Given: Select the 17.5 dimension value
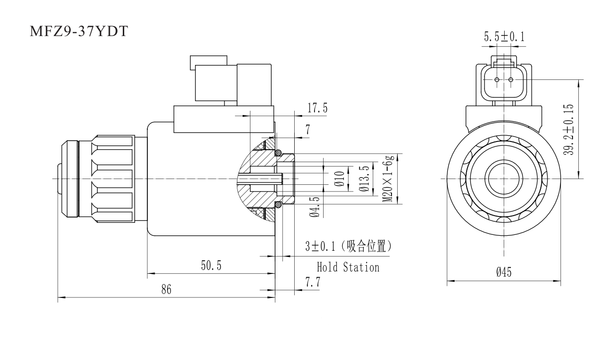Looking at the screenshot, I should (317, 109).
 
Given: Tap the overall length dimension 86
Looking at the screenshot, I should (166, 290).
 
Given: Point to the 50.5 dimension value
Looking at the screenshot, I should (211, 266).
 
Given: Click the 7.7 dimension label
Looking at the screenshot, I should (313, 283).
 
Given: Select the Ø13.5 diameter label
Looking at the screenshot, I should (365, 179).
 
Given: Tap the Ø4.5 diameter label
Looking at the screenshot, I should (314, 206).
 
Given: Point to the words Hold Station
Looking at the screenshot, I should (348, 267).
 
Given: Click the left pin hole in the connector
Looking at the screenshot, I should (497, 79).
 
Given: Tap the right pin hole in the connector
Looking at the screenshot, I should (510, 79).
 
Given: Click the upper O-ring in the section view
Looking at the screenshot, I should (278, 153).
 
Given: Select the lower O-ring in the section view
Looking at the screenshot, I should (278, 205).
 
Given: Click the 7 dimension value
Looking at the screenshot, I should (307, 129).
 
